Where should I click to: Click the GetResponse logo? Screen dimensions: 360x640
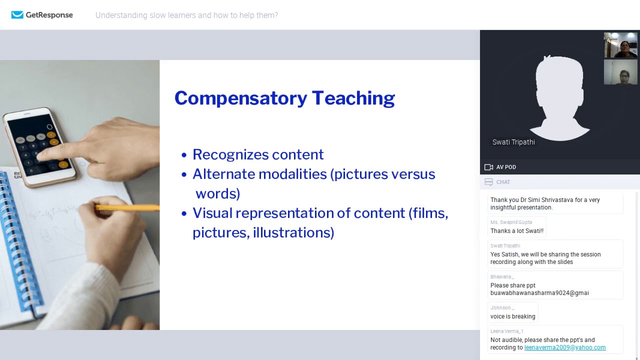click(x=42, y=15)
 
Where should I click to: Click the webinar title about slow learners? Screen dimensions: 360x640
click(x=186, y=15)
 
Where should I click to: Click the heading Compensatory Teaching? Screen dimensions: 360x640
click(x=284, y=98)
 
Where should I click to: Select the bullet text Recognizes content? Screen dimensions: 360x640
click(x=258, y=154)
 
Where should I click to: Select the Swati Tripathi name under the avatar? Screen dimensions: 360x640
click(x=513, y=142)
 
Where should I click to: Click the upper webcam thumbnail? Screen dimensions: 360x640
click(x=620, y=45)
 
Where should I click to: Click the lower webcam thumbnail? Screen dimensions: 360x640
click(x=620, y=72)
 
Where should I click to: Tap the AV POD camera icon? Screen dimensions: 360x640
click(x=488, y=167)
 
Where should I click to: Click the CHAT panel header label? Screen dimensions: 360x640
click(x=503, y=182)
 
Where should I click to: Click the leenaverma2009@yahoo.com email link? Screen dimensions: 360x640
click(x=564, y=347)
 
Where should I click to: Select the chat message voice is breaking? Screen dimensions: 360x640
click(x=512, y=316)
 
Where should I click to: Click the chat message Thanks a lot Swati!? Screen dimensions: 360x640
click(x=516, y=231)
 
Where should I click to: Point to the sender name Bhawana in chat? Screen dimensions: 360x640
click(x=501, y=277)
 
